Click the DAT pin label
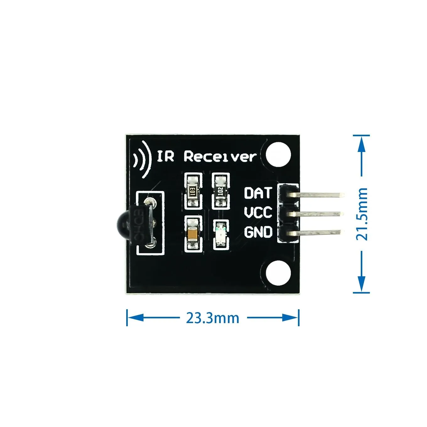click(257, 193)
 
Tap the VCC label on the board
click(258, 213)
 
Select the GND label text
click(258, 232)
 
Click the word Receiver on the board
click(220, 156)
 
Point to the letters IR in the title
click(165, 156)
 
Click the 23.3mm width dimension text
click(213, 318)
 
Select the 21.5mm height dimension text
click(362, 214)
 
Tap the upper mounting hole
click(278, 154)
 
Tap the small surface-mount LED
click(221, 235)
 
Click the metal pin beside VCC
click(319, 214)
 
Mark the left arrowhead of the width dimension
click(133, 318)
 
